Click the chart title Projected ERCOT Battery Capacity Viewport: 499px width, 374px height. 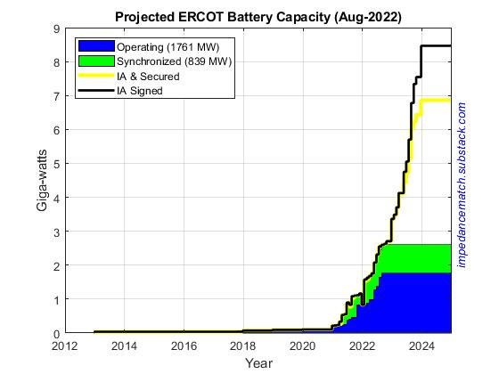(258, 16)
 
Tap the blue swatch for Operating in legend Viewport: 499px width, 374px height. (95, 45)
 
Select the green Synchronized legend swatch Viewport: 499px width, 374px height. (95, 61)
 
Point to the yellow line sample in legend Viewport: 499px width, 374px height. (95, 77)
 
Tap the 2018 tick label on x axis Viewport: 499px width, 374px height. (243, 346)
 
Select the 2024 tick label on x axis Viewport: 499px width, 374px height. (421, 346)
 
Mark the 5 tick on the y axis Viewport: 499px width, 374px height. (55, 164)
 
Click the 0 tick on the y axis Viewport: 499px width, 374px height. (55, 333)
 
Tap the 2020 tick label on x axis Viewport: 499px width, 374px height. (303, 346)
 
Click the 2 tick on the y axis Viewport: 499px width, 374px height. (55, 265)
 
